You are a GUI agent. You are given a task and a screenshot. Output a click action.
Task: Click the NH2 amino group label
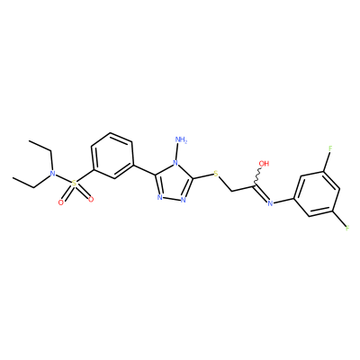point(181,140)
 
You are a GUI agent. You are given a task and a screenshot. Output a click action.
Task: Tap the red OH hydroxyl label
point(264,164)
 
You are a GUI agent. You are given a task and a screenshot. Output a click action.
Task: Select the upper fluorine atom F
point(330,148)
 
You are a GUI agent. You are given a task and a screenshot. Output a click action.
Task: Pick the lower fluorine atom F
point(347,228)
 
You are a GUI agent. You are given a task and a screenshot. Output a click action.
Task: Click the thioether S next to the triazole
point(215,174)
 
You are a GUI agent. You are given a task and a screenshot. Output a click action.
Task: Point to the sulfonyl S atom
point(74,184)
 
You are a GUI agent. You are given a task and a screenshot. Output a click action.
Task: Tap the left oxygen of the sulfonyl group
point(61,202)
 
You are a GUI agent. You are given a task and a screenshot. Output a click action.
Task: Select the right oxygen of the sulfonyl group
point(91,199)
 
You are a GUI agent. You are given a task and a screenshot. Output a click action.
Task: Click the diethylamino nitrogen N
point(53,174)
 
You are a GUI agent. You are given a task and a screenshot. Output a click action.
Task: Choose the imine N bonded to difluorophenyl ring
point(270,203)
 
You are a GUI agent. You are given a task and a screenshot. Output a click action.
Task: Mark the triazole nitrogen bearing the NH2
point(175,164)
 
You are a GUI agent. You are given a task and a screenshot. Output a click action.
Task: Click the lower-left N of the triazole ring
point(160,197)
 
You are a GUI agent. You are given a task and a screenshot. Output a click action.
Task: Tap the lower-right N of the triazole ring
point(184,199)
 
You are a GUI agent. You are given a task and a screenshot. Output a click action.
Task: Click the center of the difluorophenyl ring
point(318,193)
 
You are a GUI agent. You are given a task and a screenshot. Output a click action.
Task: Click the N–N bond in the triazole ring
point(172,199)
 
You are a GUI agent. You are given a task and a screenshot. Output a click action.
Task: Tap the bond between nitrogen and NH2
point(178,152)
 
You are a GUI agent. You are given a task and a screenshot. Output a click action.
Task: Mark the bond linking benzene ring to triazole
point(144,169)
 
